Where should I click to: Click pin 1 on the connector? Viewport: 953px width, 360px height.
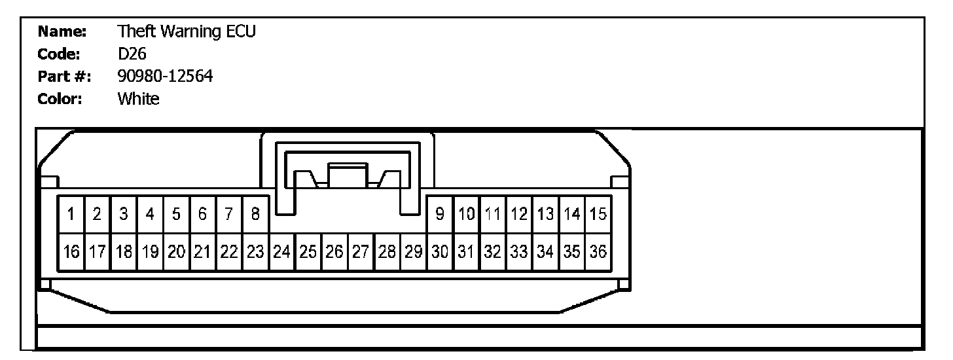point(71,213)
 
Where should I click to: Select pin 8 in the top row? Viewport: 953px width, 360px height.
point(255,213)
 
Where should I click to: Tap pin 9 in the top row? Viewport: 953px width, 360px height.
point(441,213)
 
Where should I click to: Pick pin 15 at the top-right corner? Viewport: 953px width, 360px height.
point(598,213)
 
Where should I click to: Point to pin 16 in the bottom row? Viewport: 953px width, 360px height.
point(71,251)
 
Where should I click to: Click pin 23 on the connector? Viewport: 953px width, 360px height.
point(255,251)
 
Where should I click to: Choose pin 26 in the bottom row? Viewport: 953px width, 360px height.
point(334,251)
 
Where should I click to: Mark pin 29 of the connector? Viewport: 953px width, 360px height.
point(413,251)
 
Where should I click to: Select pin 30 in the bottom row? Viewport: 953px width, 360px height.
point(440,251)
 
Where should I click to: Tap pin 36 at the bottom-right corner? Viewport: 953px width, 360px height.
point(598,251)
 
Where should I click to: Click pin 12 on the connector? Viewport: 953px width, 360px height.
point(519,213)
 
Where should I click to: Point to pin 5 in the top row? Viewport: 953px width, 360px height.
point(176,213)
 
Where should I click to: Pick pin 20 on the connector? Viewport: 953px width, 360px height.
point(176,251)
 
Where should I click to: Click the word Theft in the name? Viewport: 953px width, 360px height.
point(134,31)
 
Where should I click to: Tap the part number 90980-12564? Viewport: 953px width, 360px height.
point(165,77)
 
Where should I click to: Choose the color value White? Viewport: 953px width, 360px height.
point(138,99)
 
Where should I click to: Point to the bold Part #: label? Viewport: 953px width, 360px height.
point(64,77)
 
